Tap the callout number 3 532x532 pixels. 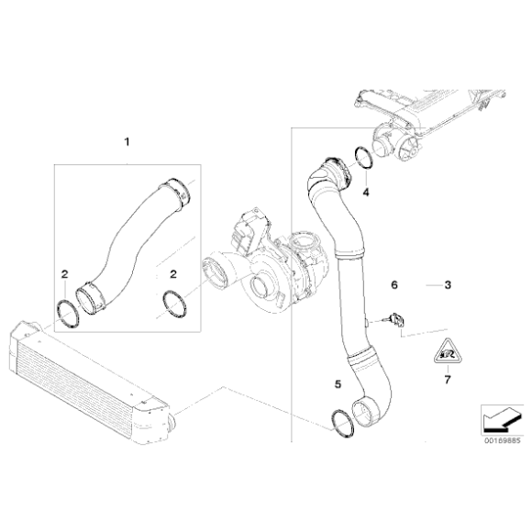[448, 285]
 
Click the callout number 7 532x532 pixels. [449, 378]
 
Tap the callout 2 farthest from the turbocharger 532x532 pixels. [64, 273]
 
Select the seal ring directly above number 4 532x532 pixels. [363, 159]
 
